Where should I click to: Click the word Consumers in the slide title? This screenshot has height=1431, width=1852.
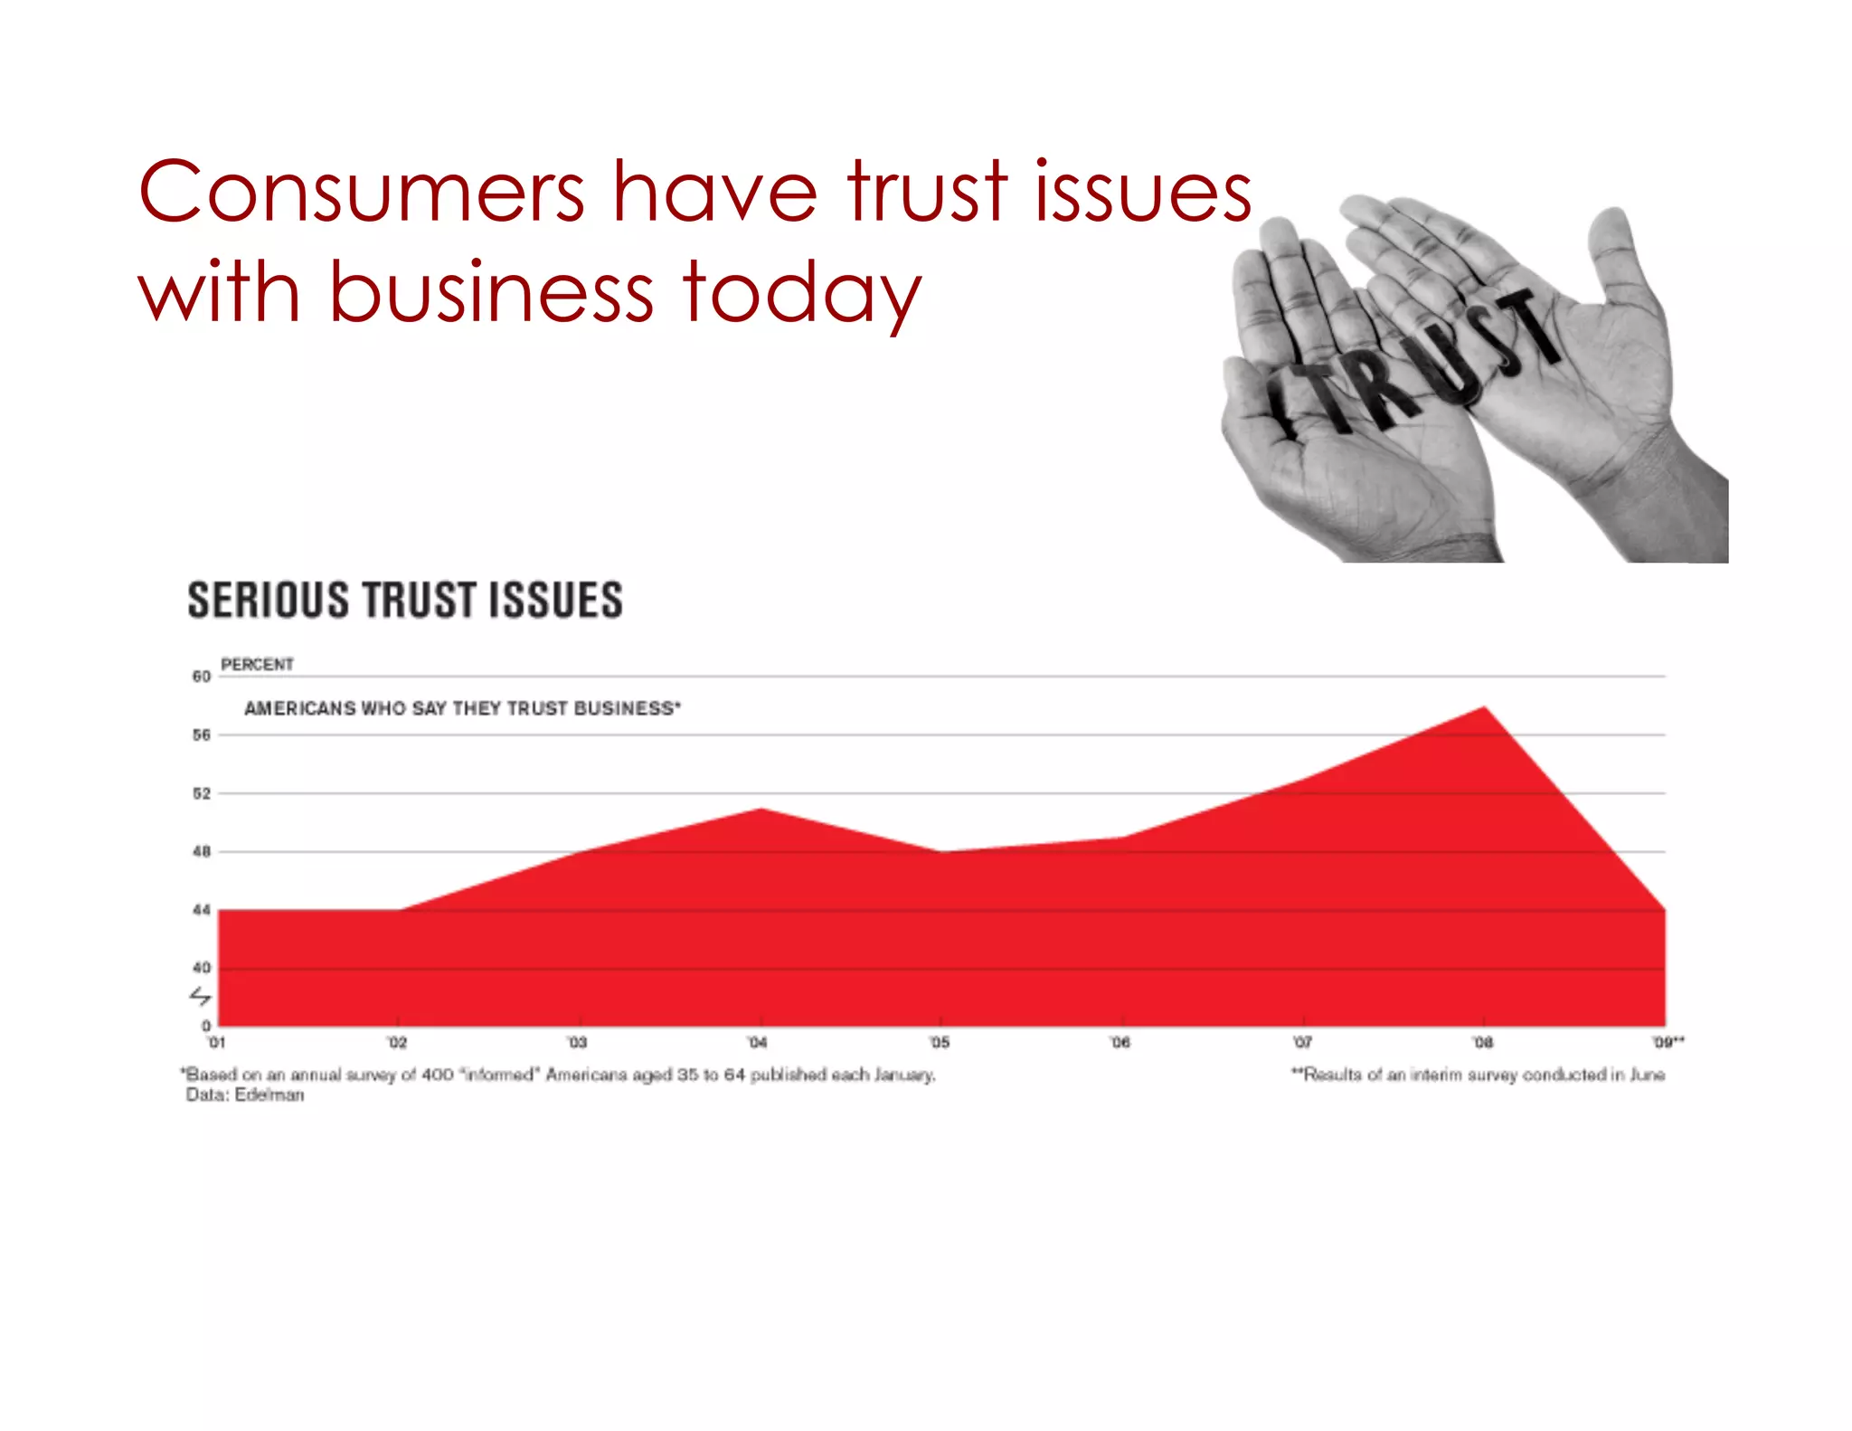tap(361, 192)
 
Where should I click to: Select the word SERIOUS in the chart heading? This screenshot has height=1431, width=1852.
tap(268, 601)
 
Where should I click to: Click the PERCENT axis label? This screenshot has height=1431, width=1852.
tap(257, 665)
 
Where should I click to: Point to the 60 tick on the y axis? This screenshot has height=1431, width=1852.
tap(201, 677)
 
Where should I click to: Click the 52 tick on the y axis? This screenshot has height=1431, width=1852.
tap(201, 793)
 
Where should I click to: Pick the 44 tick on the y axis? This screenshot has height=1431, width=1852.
tap(201, 910)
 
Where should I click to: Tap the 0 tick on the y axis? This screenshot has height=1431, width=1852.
tap(206, 1026)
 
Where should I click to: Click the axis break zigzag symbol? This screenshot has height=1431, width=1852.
tap(200, 996)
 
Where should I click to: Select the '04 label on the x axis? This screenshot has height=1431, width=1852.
tap(758, 1043)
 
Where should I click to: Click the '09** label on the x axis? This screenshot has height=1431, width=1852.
tap(1668, 1043)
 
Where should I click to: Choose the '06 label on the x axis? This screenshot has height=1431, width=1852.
tap(1120, 1043)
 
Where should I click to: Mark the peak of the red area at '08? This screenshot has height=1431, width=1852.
tap(1484, 707)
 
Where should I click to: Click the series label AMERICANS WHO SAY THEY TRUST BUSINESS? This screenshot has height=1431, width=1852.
tap(462, 708)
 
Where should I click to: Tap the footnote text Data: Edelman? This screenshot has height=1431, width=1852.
tap(245, 1095)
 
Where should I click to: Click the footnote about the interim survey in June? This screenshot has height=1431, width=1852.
tap(1478, 1075)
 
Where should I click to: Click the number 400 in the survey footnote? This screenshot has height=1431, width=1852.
tap(438, 1075)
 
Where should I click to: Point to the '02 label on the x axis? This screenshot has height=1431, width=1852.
tap(397, 1043)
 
